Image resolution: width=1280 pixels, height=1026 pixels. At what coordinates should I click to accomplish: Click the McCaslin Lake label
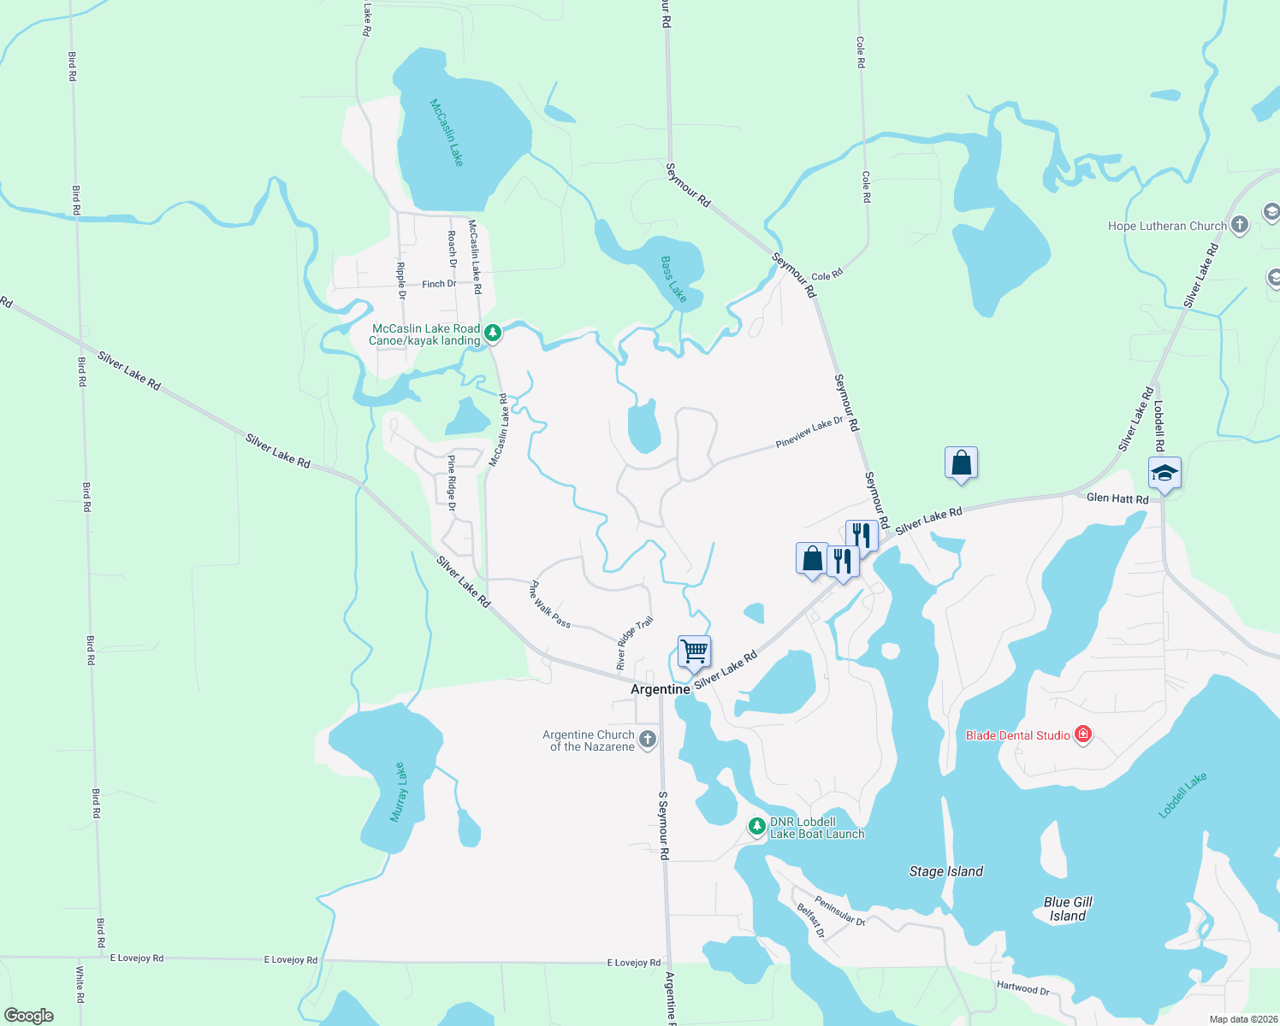(447, 133)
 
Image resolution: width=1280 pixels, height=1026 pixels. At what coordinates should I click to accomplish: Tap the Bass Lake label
(673, 280)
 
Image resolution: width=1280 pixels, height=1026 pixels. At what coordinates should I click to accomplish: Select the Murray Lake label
(399, 793)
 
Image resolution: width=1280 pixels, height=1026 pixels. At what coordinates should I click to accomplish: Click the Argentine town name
(660, 689)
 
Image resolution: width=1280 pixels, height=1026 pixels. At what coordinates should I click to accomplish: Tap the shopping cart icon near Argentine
(694, 652)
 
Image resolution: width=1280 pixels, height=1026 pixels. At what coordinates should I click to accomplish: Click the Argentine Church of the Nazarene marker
(648, 740)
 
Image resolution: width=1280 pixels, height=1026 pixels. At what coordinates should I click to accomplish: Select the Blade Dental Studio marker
(1083, 734)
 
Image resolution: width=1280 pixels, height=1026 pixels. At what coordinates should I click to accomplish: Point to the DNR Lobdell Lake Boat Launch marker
(756, 827)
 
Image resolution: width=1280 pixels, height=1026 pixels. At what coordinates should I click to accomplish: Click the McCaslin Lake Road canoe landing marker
(493, 333)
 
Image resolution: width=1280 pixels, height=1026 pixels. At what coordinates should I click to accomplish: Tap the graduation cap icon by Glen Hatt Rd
(1164, 473)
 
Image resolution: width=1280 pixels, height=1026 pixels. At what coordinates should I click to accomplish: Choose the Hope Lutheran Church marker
(1240, 226)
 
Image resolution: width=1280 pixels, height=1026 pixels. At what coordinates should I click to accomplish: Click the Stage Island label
(945, 871)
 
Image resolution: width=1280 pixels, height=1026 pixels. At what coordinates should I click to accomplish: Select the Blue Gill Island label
(1068, 909)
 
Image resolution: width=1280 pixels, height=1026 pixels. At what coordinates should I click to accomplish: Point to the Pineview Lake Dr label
(809, 433)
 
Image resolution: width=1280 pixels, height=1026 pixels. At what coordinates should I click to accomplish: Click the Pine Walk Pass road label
(550, 604)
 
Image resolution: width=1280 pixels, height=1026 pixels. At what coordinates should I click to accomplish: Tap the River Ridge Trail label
(635, 643)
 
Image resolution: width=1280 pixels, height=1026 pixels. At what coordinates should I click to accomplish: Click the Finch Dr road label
(439, 284)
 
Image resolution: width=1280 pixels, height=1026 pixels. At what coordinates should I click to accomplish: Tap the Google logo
(29, 1015)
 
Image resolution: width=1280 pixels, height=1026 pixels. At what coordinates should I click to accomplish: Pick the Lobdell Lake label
(1182, 795)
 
